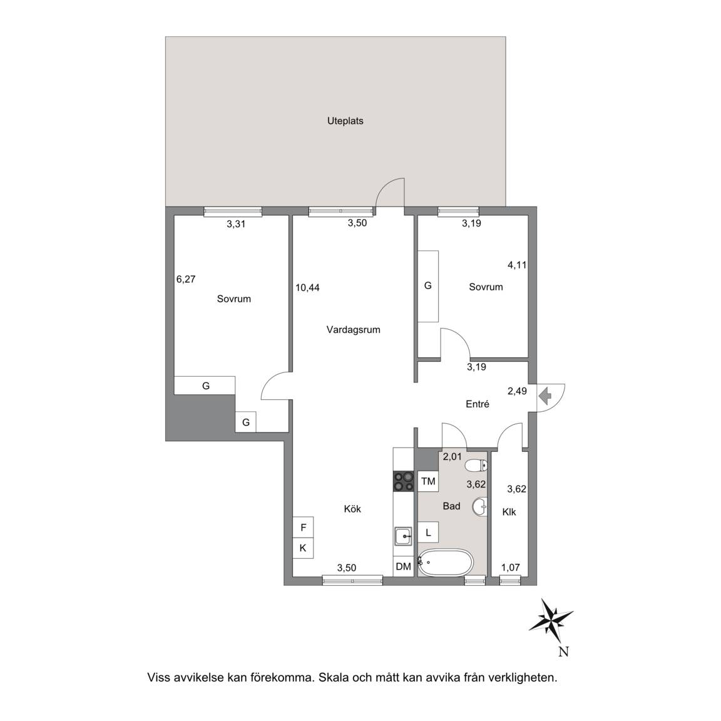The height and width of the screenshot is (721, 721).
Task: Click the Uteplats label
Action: click(345, 121)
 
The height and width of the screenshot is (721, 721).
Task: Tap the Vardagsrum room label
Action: click(353, 330)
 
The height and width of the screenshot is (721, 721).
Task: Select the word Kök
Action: click(352, 509)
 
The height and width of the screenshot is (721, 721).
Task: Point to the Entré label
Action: click(478, 404)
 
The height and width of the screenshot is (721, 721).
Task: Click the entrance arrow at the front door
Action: click(545, 396)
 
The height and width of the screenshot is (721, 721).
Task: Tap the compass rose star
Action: click(551, 621)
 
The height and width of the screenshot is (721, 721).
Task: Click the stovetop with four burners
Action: click(403, 482)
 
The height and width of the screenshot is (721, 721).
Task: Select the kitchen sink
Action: click(404, 536)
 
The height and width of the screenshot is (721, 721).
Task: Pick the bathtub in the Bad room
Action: click(445, 562)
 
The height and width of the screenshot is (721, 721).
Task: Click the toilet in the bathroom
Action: click(476, 466)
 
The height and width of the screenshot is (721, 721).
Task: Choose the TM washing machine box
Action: click(427, 481)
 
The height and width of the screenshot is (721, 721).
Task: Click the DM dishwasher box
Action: click(403, 566)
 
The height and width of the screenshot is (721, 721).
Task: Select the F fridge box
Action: click(303, 528)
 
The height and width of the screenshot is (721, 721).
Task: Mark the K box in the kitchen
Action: click(303, 548)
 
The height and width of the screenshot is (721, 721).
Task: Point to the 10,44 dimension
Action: click(308, 288)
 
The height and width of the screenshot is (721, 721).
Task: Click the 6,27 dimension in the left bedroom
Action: click(186, 279)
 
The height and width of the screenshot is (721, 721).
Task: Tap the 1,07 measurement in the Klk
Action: click(511, 568)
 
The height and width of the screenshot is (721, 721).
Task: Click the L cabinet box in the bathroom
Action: click(427, 533)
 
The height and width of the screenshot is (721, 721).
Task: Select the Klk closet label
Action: click(509, 512)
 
